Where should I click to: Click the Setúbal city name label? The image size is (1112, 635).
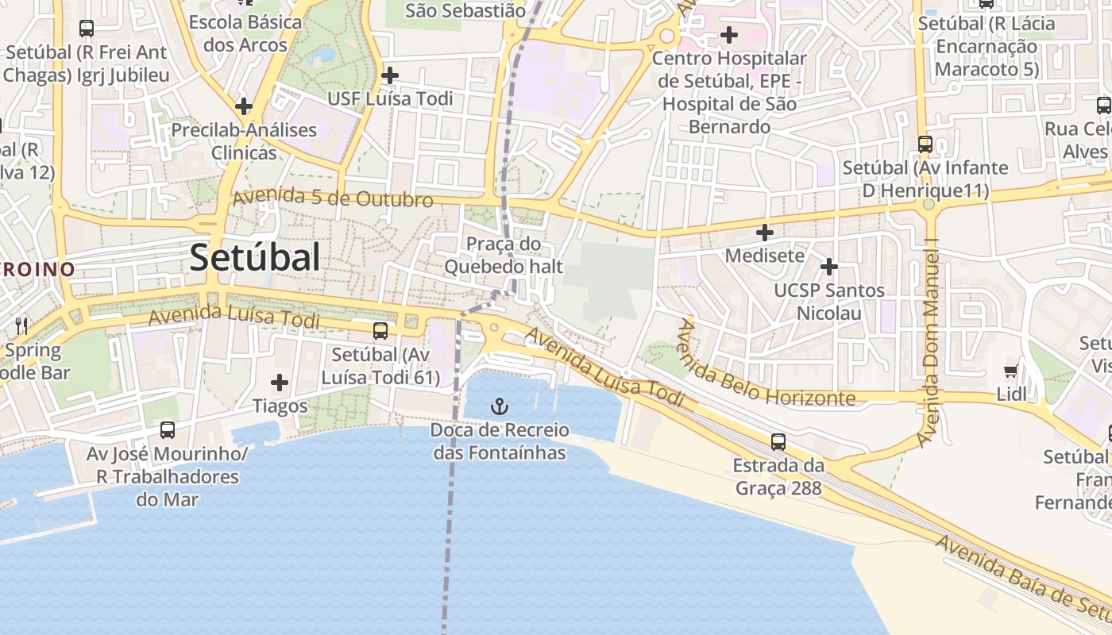click(255, 258)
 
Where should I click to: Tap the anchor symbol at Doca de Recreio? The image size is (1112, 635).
click(499, 407)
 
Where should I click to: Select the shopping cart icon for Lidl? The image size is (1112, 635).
click(1010, 371)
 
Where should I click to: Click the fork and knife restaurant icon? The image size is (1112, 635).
click(21, 325)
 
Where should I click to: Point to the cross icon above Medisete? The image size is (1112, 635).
click(764, 233)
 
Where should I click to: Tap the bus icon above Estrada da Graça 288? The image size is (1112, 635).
click(778, 441)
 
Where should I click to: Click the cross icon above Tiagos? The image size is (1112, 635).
click(280, 383)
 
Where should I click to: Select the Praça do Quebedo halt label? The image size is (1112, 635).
click(503, 255)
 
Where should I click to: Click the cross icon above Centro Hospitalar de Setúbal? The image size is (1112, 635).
click(728, 35)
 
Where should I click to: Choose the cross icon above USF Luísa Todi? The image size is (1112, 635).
click(389, 75)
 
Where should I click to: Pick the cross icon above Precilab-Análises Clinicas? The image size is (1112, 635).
click(244, 106)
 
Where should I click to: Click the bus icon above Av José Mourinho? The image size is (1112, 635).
click(167, 430)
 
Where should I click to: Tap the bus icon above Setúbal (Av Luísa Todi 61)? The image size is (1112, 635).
click(380, 330)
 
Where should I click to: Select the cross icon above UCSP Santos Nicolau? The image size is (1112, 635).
click(828, 267)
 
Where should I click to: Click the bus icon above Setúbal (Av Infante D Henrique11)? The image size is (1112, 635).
click(925, 144)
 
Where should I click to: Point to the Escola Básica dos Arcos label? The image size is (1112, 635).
click(245, 33)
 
